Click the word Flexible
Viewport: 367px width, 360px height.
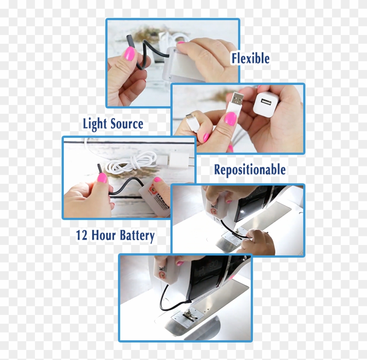250,59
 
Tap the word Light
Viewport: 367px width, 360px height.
94,124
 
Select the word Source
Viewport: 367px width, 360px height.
126,124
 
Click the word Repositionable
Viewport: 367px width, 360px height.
249,170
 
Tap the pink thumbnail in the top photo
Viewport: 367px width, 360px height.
129,53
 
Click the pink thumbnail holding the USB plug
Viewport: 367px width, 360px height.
230,119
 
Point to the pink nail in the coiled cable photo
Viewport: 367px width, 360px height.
102,178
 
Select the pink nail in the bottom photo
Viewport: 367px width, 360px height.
179,263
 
